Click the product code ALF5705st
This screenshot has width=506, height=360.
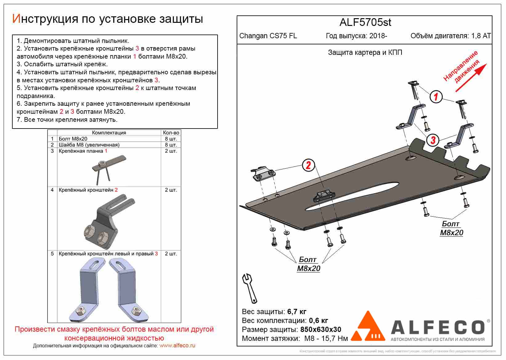(365, 22)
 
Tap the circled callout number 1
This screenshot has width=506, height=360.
(436, 97)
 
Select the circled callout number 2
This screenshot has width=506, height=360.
(308, 166)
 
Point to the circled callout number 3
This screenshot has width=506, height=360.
(433, 140)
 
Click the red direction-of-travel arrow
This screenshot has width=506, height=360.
(471, 78)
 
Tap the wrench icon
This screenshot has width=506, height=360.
(249, 288)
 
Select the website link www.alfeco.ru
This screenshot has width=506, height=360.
(177, 346)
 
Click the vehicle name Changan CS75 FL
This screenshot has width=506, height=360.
(268, 36)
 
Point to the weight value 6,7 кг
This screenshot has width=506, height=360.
(297, 312)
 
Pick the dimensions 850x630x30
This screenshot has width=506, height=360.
(320, 329)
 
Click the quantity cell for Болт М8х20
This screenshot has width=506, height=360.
(171, 139)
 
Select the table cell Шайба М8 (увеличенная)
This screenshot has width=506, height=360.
(89, 145)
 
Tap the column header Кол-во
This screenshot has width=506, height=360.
(171, 133)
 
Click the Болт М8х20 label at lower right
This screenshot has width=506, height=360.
(451, 228)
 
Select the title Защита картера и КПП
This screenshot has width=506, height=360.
(365, 52)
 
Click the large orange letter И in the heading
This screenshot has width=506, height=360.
(16, 19)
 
